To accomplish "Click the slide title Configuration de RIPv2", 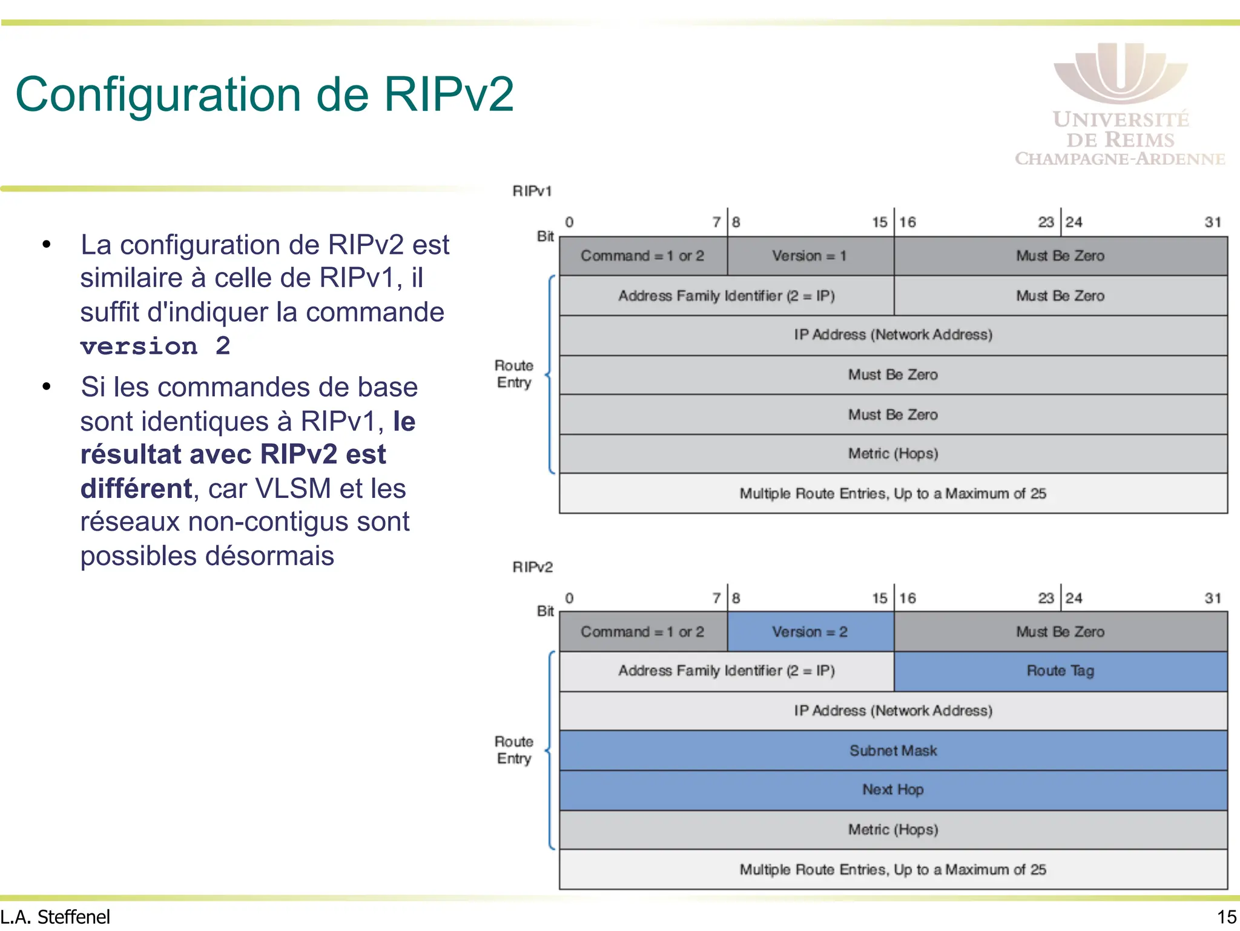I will [265, 95].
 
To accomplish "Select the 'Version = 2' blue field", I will [810, 632].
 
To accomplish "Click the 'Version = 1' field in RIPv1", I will [810, 256].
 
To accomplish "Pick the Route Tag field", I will [1060, 671].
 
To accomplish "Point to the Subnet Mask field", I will [893, 750].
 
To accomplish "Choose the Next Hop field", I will [893, 790].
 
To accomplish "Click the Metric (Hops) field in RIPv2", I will [893, 830].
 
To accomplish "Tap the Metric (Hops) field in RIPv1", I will [893, 454].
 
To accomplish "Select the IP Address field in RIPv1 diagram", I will [893, 335].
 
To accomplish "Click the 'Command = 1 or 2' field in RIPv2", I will [642, 632].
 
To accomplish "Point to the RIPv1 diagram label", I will [532, 191].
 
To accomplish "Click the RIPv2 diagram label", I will [532, 568].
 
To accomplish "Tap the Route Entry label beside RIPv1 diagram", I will [514, 374].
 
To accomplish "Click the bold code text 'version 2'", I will [156, 346].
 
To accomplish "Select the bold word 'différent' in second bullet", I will [136, 489].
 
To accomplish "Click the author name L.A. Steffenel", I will [56, 917].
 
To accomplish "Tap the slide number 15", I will [1226, 917].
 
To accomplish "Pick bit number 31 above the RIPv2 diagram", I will [1212, 598].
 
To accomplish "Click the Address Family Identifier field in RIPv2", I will [726, 671].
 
